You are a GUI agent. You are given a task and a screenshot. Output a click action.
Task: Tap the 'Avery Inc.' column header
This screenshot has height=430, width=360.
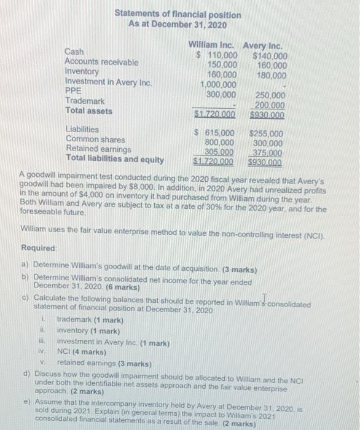tap(264, 45)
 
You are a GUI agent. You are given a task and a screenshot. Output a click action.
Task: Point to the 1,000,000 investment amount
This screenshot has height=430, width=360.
tap(219, 84)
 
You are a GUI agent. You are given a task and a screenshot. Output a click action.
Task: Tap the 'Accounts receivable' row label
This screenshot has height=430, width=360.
tap(101, 62)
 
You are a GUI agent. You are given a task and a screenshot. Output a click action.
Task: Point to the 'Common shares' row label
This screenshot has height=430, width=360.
tap(95, 139)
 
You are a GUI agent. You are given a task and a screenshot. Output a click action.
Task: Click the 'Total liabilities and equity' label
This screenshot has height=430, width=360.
tap(115, 160)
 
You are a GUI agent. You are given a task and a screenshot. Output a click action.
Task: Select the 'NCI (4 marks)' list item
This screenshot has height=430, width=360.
tap(80, 353)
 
